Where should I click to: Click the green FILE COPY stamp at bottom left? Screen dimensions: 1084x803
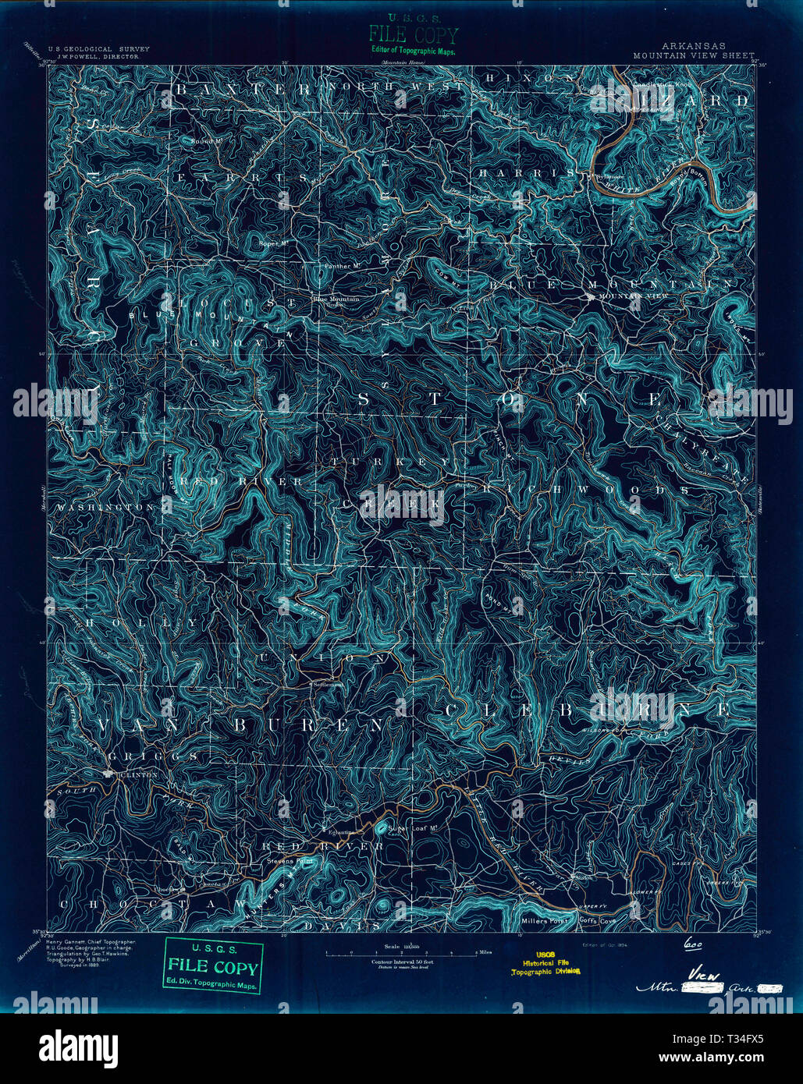point(213,967)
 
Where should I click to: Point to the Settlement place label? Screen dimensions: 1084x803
point(328,685)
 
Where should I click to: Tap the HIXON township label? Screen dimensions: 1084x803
point(531,79)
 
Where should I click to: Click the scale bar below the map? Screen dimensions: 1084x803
point(402,953)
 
